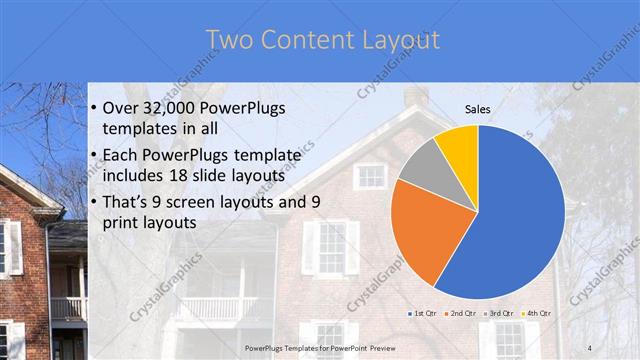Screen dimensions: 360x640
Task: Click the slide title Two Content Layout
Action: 322,40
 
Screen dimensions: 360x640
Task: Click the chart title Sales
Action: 478,109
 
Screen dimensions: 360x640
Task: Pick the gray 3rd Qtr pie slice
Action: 421,165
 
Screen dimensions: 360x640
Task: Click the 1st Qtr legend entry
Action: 422,313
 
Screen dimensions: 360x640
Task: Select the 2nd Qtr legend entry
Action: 458,313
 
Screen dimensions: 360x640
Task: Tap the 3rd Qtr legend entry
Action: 497,313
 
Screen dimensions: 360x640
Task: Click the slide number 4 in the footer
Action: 590,347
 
